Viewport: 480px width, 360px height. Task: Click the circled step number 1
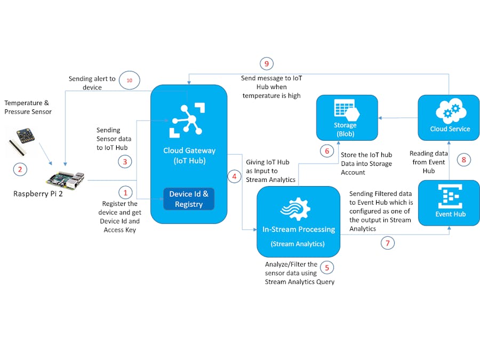126,192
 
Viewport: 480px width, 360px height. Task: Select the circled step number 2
20,170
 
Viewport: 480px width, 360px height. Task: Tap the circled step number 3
126,161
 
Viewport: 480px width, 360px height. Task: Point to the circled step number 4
234,177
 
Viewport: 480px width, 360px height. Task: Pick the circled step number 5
327,268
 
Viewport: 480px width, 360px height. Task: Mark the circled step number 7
388,243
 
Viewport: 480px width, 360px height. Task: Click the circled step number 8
463,159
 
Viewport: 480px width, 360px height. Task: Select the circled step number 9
267,63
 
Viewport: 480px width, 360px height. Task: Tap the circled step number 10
129,80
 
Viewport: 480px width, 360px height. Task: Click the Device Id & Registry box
189,198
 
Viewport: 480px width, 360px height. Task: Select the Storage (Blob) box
347,118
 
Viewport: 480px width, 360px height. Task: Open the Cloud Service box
449,118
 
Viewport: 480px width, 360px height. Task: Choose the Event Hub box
449,202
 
